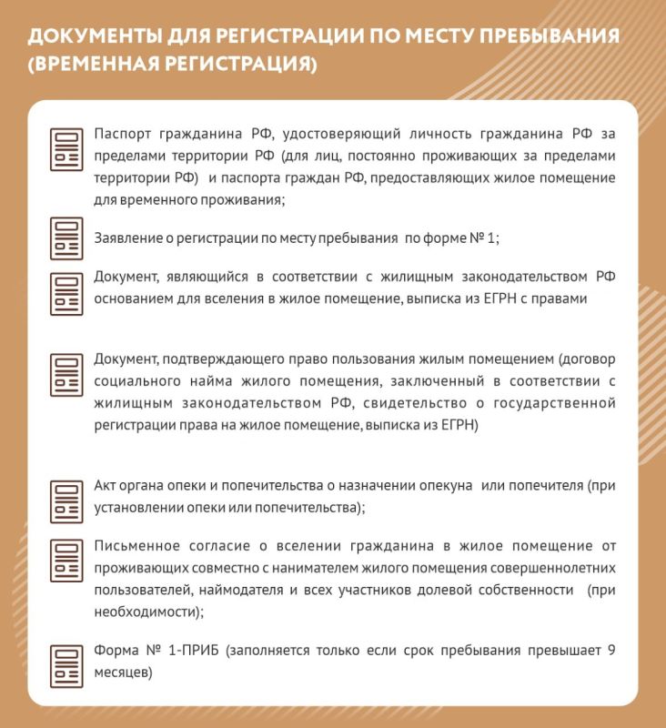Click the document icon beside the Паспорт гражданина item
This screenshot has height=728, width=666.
tap(66, 150)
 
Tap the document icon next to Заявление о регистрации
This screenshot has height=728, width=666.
tap(66, 238)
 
